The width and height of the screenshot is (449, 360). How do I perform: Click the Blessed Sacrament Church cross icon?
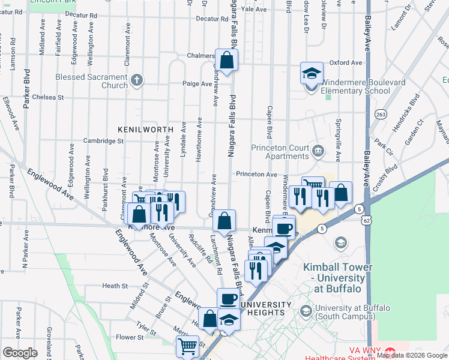coord(137,80)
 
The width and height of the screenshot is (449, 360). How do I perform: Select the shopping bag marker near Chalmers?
coord(227,61)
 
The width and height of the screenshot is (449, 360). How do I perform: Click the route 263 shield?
coord(380,113)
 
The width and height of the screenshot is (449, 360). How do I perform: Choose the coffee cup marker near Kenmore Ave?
coord(284,228)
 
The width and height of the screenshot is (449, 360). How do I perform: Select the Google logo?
coord(20,353)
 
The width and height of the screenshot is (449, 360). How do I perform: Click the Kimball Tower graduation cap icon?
coord(341,242)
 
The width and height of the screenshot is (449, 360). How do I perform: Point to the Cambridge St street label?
coord(103,142)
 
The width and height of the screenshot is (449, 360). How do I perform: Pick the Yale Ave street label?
coord(253,10)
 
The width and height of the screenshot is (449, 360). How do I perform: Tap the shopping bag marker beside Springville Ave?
coord(340,193)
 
